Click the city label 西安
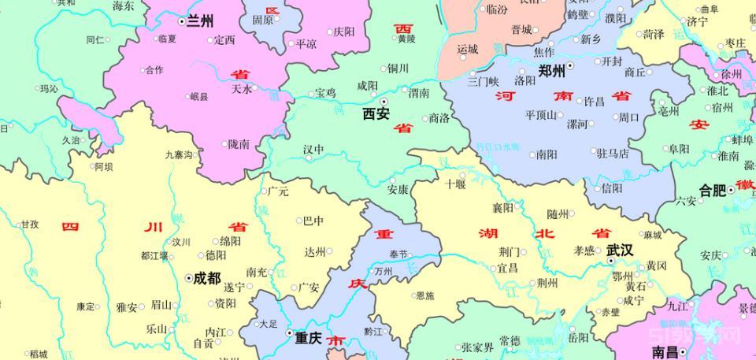(x=376, y=114)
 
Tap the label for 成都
(x=207, y=278)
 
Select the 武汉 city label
(x=620, y=250)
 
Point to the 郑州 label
(x=551, y=70)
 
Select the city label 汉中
(x=313, y=149)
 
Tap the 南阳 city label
(x=547, y=154)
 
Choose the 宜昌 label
(x=507, y=268)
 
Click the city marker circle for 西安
(x=384, y=102)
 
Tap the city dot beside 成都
(x=188, y=278)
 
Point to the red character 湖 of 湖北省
(x=487, y=233)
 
